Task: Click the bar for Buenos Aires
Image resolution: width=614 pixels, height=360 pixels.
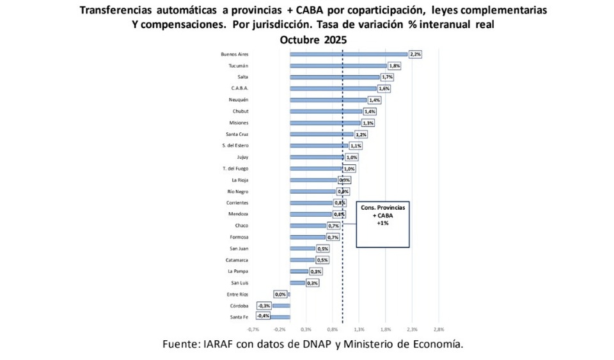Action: [349, 54]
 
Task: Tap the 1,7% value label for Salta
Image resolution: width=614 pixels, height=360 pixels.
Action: [387, 77]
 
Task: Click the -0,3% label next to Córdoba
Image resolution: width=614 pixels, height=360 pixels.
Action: [264, 306]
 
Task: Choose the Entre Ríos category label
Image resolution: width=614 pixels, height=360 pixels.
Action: [237, 294]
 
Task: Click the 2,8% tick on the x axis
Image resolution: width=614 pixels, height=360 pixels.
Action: [439, 330]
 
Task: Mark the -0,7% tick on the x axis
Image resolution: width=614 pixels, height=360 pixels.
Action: [253, 330]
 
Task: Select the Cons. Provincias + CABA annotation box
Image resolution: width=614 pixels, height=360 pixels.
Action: [382, 224]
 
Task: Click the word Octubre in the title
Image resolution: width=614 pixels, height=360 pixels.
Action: [301, 40]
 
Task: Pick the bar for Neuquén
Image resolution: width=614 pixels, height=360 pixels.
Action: [328, 100]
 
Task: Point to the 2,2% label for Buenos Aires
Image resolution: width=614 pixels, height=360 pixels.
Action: [415, 54]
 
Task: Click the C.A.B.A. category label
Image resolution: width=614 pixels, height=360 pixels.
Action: [239, 88]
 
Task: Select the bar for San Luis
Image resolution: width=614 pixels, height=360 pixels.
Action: [297, 283]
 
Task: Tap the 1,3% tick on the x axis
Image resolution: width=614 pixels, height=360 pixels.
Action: [359, 330]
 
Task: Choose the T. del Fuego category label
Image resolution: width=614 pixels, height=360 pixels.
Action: [235, 169]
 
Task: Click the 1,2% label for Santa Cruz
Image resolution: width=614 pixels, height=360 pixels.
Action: [361, 134]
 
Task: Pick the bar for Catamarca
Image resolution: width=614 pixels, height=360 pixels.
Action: [302, 260]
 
